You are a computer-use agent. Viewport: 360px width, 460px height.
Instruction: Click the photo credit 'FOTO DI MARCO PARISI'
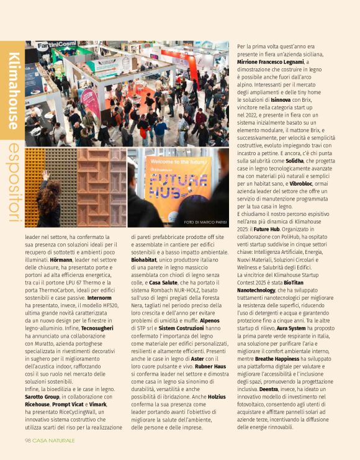click(205, 222)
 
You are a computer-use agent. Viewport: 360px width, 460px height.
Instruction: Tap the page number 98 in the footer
click(28, 440)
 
